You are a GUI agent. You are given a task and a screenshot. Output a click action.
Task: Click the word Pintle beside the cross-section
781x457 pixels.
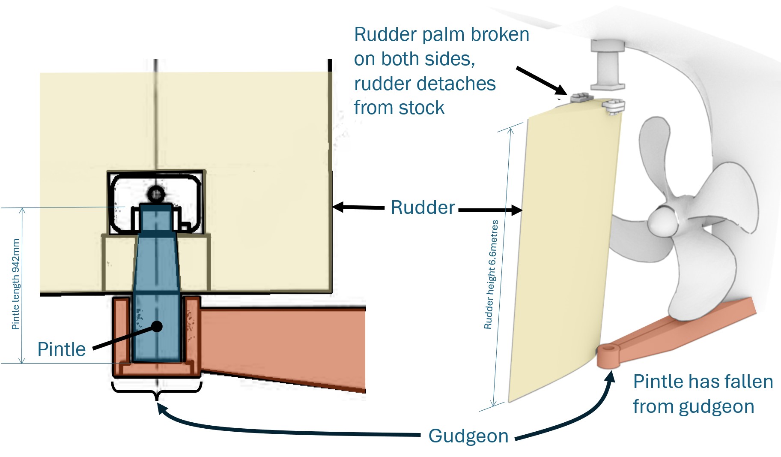pyautogui.click(x=61, y=349)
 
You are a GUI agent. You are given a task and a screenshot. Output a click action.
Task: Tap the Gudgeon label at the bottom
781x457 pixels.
pyautogui.click(x=468, y=436)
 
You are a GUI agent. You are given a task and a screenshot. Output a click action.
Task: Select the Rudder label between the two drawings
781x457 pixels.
pyautogui.click(x=423, y=207)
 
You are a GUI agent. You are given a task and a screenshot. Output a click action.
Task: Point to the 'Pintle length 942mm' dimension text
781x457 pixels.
pyautogui.click(x=16, y=284)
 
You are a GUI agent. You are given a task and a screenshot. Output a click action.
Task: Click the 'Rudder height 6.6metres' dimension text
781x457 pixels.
pyautogui.click(x=491, y=274)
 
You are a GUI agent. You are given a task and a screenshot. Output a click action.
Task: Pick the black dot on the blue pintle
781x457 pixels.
pyautogui.click(x=157, y=326)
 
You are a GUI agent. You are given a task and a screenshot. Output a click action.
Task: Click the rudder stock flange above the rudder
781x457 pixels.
pyautogui.click(x=607, y=65)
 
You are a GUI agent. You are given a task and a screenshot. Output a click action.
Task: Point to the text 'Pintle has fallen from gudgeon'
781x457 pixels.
pyautogui.click(x=702, y=394)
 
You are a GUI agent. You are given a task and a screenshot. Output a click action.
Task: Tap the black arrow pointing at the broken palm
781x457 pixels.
pyautogui.click(x=541, y=81)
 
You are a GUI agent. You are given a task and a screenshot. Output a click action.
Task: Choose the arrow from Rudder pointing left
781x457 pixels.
pyautogui.click(x=358, y=207)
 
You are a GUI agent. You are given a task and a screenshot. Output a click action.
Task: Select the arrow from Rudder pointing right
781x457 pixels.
pyautogui.click(x=491, y=210)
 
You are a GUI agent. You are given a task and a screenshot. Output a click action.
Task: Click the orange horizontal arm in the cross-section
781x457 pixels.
pyautogui.click(x=283, y=339)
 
